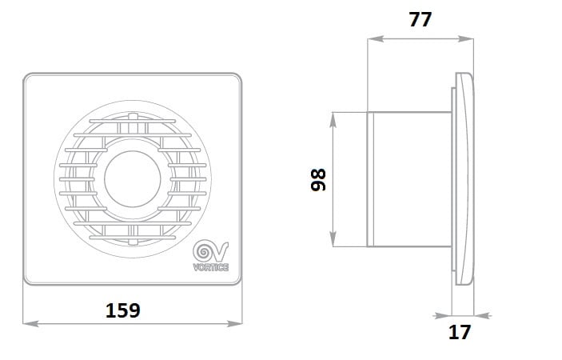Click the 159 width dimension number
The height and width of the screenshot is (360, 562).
[x=123, y=310]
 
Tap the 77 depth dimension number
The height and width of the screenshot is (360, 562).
[x=420, y=19]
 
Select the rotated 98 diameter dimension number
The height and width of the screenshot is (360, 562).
[x=318, y=180]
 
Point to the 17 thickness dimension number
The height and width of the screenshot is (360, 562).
[x=459, y=332]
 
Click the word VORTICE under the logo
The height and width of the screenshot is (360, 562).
[x=211, y=267]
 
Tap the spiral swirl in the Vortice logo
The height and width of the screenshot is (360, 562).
[x=204, y=252]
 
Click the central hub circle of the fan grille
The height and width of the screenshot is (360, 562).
[x=133, y=179]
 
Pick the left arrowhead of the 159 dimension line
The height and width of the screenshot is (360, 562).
[x=30, y=324]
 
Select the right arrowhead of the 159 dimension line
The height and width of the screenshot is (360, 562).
[x=235, y=324]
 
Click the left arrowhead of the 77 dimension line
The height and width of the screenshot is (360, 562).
[x=375, y=38]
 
